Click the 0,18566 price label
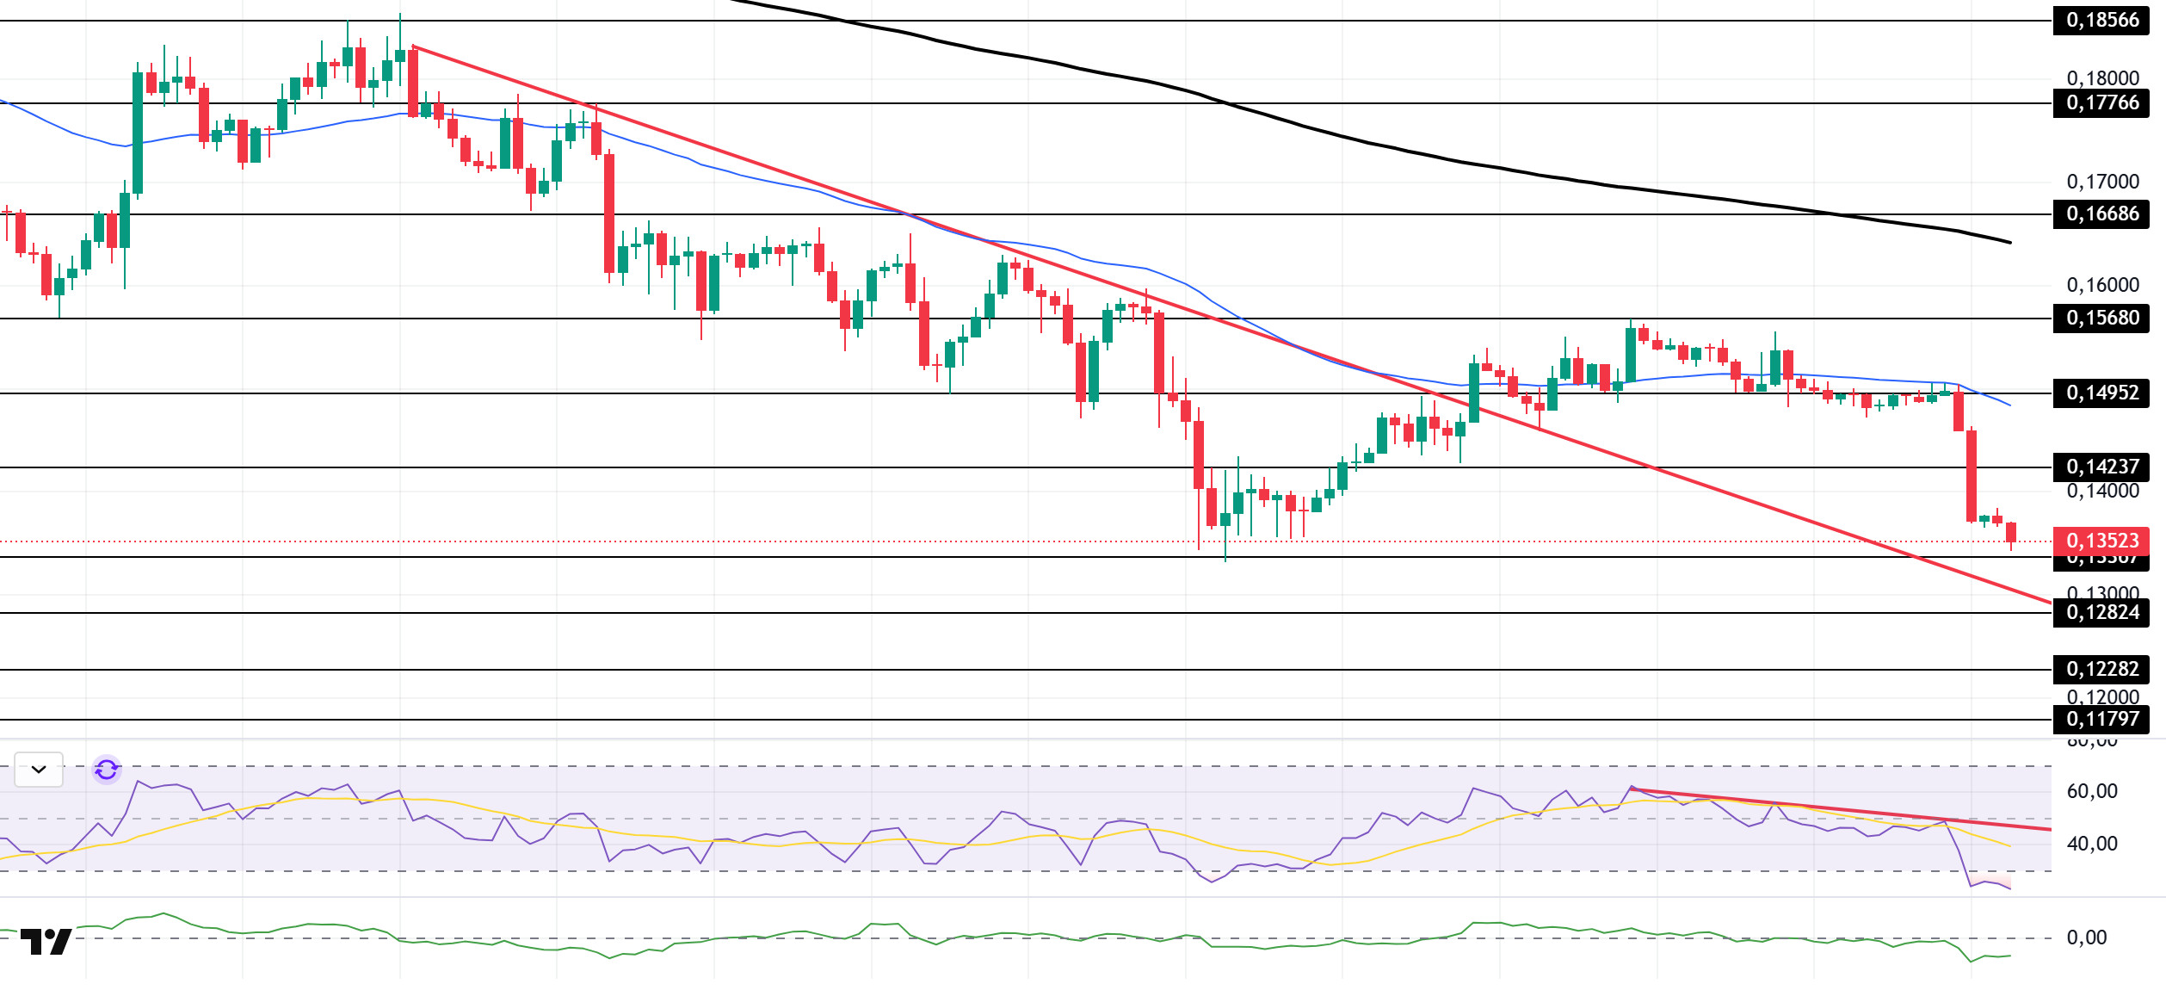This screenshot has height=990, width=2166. (x=2101, y=20)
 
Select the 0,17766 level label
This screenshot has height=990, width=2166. (x=2101, y=102)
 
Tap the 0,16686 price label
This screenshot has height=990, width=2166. (x=2101, y=213)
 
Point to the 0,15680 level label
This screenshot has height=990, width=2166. (x=2101, y=318)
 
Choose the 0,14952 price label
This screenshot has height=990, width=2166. (x=2101, y=393)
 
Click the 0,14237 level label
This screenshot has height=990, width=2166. (x=2101, y=467)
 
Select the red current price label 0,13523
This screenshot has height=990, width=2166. (x=2101, y=541)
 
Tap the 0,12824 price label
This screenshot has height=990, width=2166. (x=2101, y=612)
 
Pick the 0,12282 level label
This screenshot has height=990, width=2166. (x=2101, y=669)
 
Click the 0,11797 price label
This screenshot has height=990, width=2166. (x=2101, y=719)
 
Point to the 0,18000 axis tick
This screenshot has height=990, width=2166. (x=2102, y=78)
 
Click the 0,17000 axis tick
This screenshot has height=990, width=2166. (x=2102, y=182)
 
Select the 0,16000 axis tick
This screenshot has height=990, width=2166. (x=2102, y=285)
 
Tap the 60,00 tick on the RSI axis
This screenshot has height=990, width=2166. (x=2092, y=791)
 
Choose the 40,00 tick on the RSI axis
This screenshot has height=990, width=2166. (x=2092, y=844)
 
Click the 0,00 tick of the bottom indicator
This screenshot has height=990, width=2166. (x=2087, y=937)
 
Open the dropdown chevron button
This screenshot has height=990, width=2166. (x=39, y=769)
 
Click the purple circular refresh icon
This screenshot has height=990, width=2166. (x=107, y=769)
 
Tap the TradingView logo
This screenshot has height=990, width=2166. (x=46, y=942)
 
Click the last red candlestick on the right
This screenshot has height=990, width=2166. (x=2010, y=532)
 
